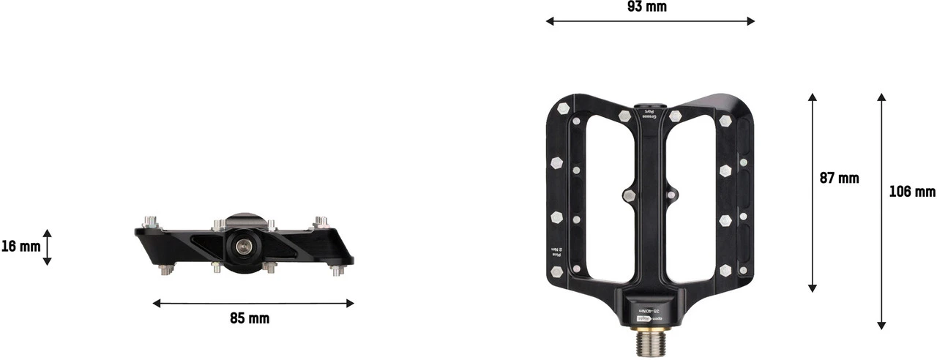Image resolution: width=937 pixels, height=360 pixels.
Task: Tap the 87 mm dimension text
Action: pyautogui.click(x=838, y=178)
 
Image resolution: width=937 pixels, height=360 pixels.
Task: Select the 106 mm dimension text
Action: pyautogui.click(x=911, y=192)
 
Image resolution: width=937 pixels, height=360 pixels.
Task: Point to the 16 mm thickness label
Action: pyautogui.click(x=20, y=247)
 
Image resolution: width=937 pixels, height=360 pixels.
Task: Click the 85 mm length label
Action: pyautogui.click(x=249, y=318)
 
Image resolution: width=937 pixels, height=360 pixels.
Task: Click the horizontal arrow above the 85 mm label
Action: pyautogui.click(x=253, y=303)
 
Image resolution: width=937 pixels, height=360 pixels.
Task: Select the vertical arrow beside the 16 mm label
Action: pyautogui.click(x=47, y=247)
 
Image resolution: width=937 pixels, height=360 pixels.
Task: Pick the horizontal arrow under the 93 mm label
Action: pyautogui.click(x=650, y=21)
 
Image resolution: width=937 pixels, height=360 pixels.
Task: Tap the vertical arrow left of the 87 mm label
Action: pyautogui.click(x=812, y=192)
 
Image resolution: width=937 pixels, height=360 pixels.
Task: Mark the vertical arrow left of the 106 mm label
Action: pyautogui.click(x=881, y=211)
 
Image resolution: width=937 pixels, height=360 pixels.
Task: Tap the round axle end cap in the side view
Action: pyautogui.click(x=241, y=248)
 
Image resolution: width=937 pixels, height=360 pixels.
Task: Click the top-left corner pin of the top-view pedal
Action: pyautogui.click(x=562, y=108)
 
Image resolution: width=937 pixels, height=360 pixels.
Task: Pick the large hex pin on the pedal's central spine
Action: pyautogui.click(x=629, y=195)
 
